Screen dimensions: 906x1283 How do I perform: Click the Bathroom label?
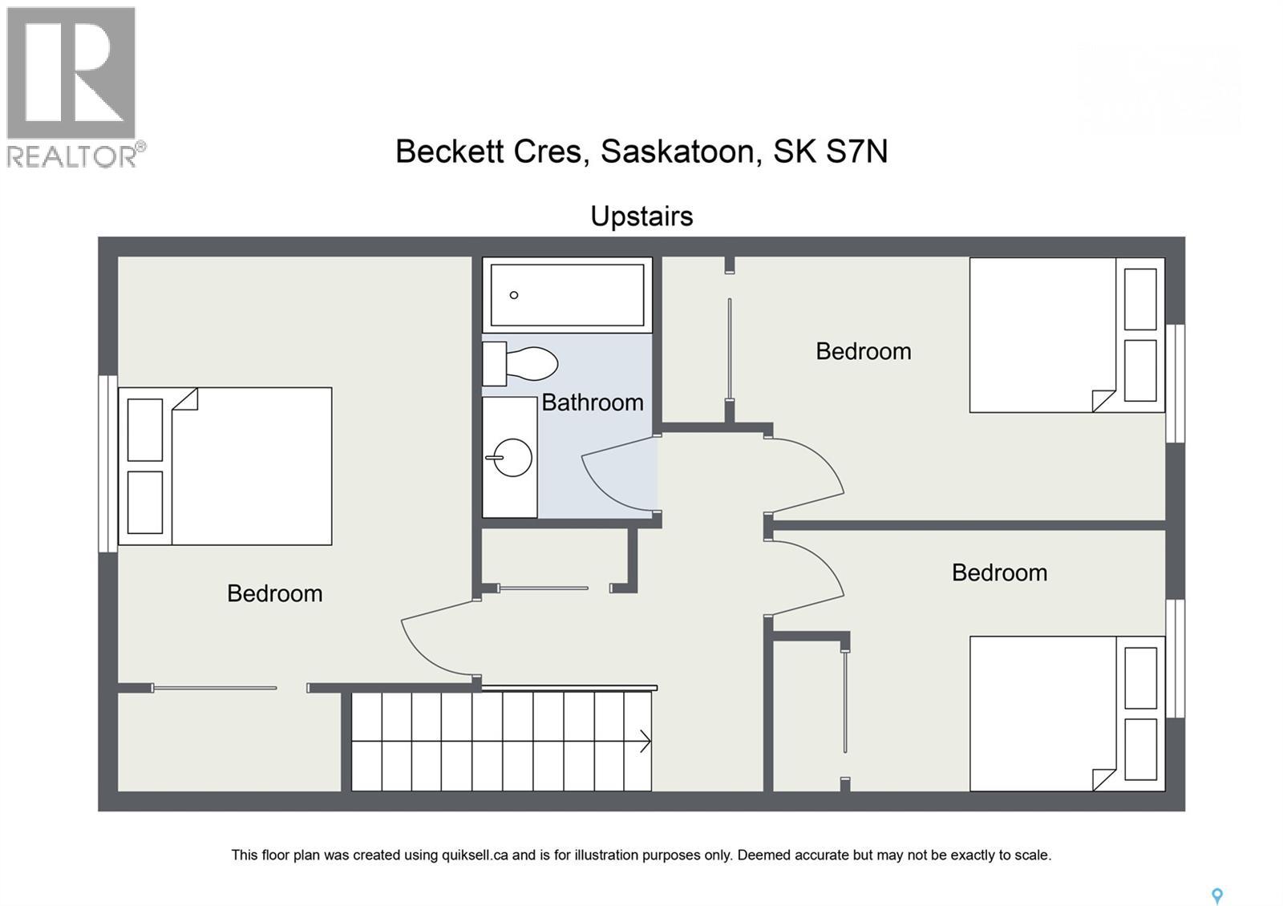pyautogui.click(x=593, y=402)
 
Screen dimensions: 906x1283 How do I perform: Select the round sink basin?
pyautogui.click(x=511, y=458)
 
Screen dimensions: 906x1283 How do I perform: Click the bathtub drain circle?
pyautogui.click(x=514, y=295)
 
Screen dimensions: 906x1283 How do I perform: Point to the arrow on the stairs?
pyautogui.click(x=644, y=742)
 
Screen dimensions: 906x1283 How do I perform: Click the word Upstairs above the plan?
pyautogui.click(x=641, y=216)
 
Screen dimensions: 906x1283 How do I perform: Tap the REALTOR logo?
pyautogui.click(x=72, y=87)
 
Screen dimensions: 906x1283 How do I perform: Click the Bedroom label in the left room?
pyautogui.click(x=274, y=593)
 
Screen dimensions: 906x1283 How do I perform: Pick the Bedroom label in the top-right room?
pyautogui.click(x=863, y=351)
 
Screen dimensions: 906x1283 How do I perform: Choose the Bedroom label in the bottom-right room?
pyautogui.click(x=999, y=572)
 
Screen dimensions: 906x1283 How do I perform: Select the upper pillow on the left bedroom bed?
pyautogui.click(x=145, y=430)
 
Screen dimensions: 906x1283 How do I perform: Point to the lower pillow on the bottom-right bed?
pyautogui.click(x=1140, y=750)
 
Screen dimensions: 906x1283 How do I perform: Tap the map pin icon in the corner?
pyautogui.click(x=1216, y=896)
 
